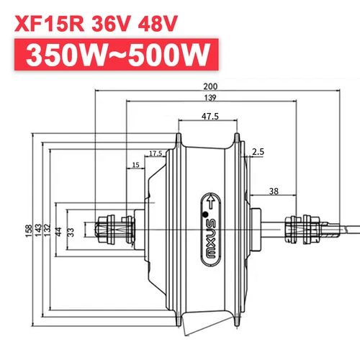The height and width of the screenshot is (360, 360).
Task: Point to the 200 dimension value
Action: point(208,86)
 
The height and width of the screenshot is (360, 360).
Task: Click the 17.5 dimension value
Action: point(155,153)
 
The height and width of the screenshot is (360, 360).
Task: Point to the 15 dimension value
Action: point(136,166)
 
